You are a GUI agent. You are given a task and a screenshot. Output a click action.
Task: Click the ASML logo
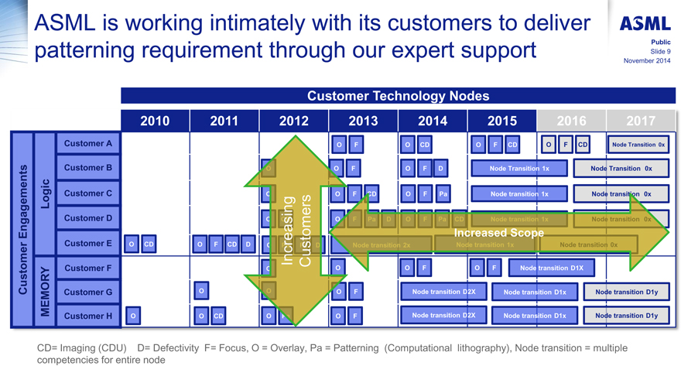pos(645,25)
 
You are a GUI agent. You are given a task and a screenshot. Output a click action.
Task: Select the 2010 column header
pos(154,121)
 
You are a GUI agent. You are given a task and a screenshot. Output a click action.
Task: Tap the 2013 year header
pos(363,121)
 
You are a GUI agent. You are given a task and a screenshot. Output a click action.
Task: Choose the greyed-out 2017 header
pos(641,121)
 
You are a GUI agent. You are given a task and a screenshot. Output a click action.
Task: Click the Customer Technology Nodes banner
pos(398,96)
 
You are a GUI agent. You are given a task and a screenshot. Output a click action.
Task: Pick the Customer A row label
pos(87,144)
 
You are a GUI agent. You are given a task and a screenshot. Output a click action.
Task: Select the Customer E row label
pos(87,244)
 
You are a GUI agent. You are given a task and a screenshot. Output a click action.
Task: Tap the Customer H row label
pos(87,316)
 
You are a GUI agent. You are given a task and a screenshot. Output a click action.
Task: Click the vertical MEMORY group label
pos(46,292)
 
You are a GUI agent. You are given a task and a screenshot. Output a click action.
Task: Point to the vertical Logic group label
pos(46,193)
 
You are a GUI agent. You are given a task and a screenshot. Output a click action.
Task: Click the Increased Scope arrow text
pos(498,233)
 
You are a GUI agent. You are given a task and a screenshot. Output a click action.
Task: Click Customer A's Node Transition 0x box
pos(638,145)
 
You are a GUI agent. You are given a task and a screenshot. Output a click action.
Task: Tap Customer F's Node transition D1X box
pos(556,268)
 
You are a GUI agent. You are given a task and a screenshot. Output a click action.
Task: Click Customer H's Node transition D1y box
pos(626,316)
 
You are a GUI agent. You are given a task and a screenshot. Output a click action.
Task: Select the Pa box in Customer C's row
pos(442,193)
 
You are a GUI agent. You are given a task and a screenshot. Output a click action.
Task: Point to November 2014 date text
pos(647,60)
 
